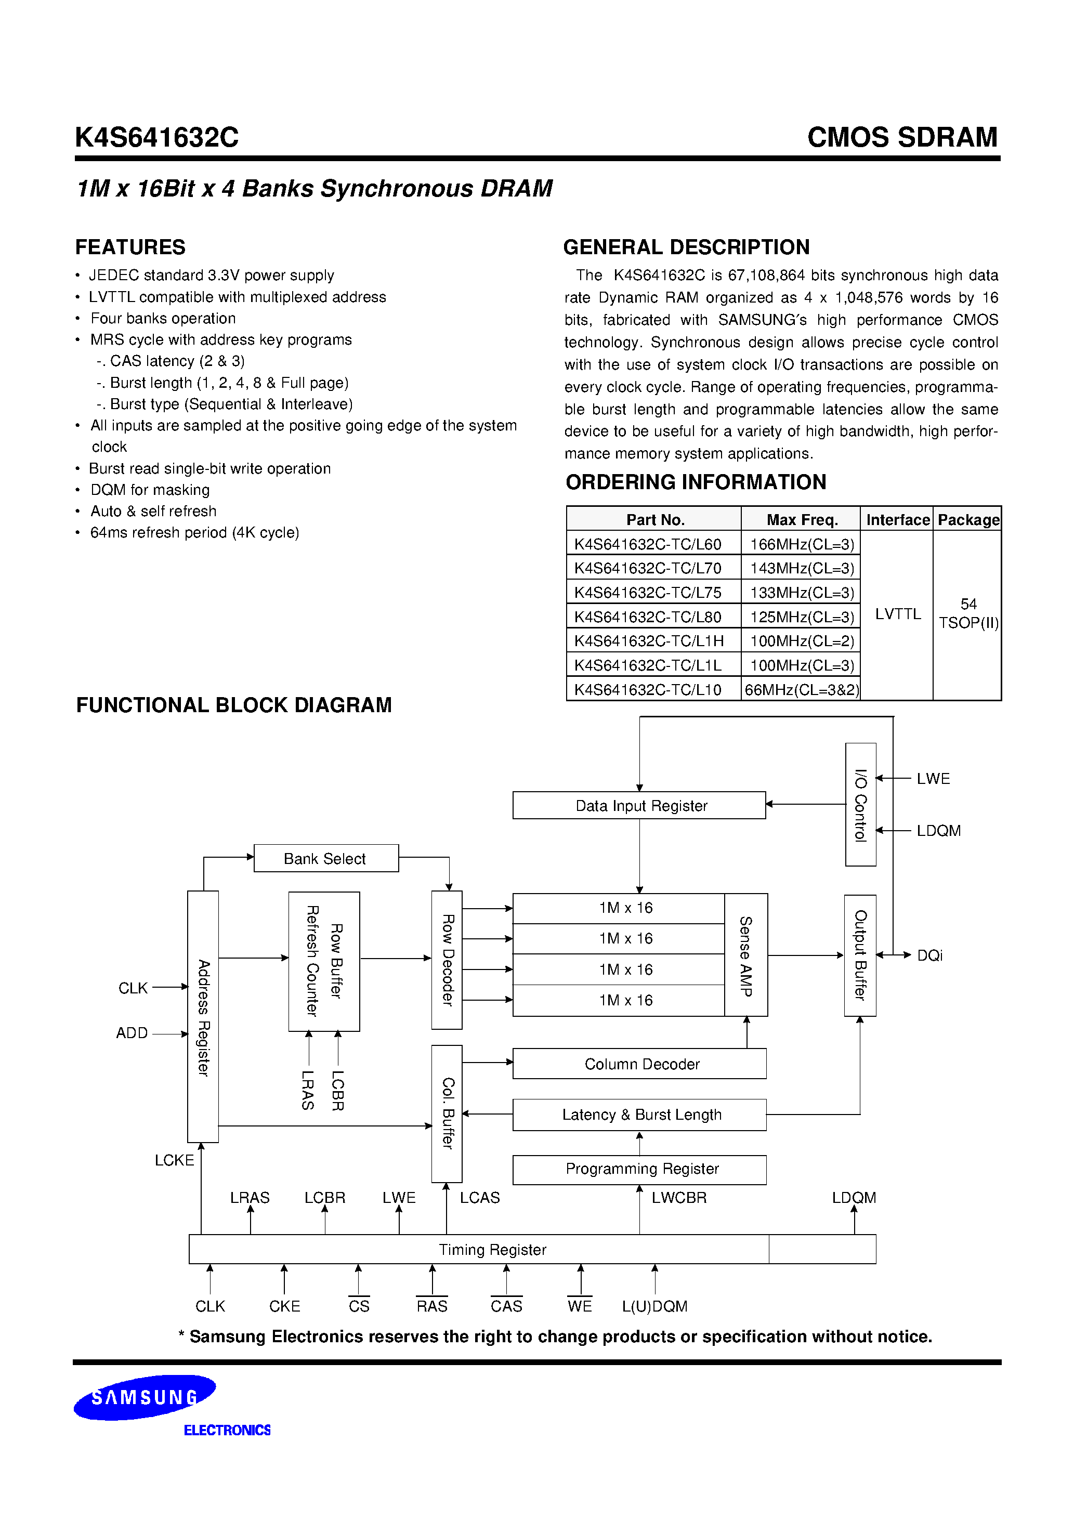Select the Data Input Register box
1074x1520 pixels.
[x=639, y=805]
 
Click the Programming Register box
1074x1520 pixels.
[x=639, y=1169]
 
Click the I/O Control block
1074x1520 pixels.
[x=860, y=804]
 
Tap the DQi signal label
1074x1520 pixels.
[x=929, y=955]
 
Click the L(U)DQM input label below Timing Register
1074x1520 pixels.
[x=654, y=1306]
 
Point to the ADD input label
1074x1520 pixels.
[x=132, y=1033]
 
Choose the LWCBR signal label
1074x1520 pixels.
[x=679, y=1198]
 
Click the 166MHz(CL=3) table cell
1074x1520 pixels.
[x=801, y=544]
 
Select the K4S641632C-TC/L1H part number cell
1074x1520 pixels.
[x=649, y=641]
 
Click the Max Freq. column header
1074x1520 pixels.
[x=802, y=520]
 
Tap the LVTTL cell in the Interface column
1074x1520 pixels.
[x=897, y=614]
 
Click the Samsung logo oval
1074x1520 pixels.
[x=145, y=1397]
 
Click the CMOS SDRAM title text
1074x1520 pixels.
[x=902, y=137]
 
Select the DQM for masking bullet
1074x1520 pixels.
[x=150, y=490]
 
